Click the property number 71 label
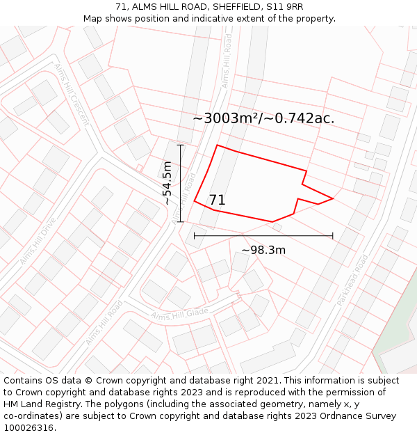pyautogui.click(x=217, y=200)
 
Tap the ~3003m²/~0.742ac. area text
pyautogui.click(x=263, y=118)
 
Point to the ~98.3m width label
pyautogui.click(x=263, y=250)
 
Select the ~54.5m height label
pyautogui.click(x=167, y=183)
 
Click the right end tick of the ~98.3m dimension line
pyautogui.click(x=333, y=236)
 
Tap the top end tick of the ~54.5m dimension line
pyautogui.click(x=181, y=145)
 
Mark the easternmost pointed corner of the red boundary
pyautogui.click(x=333, y=198)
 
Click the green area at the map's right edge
pyautogui.click(x=400, y=327)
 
